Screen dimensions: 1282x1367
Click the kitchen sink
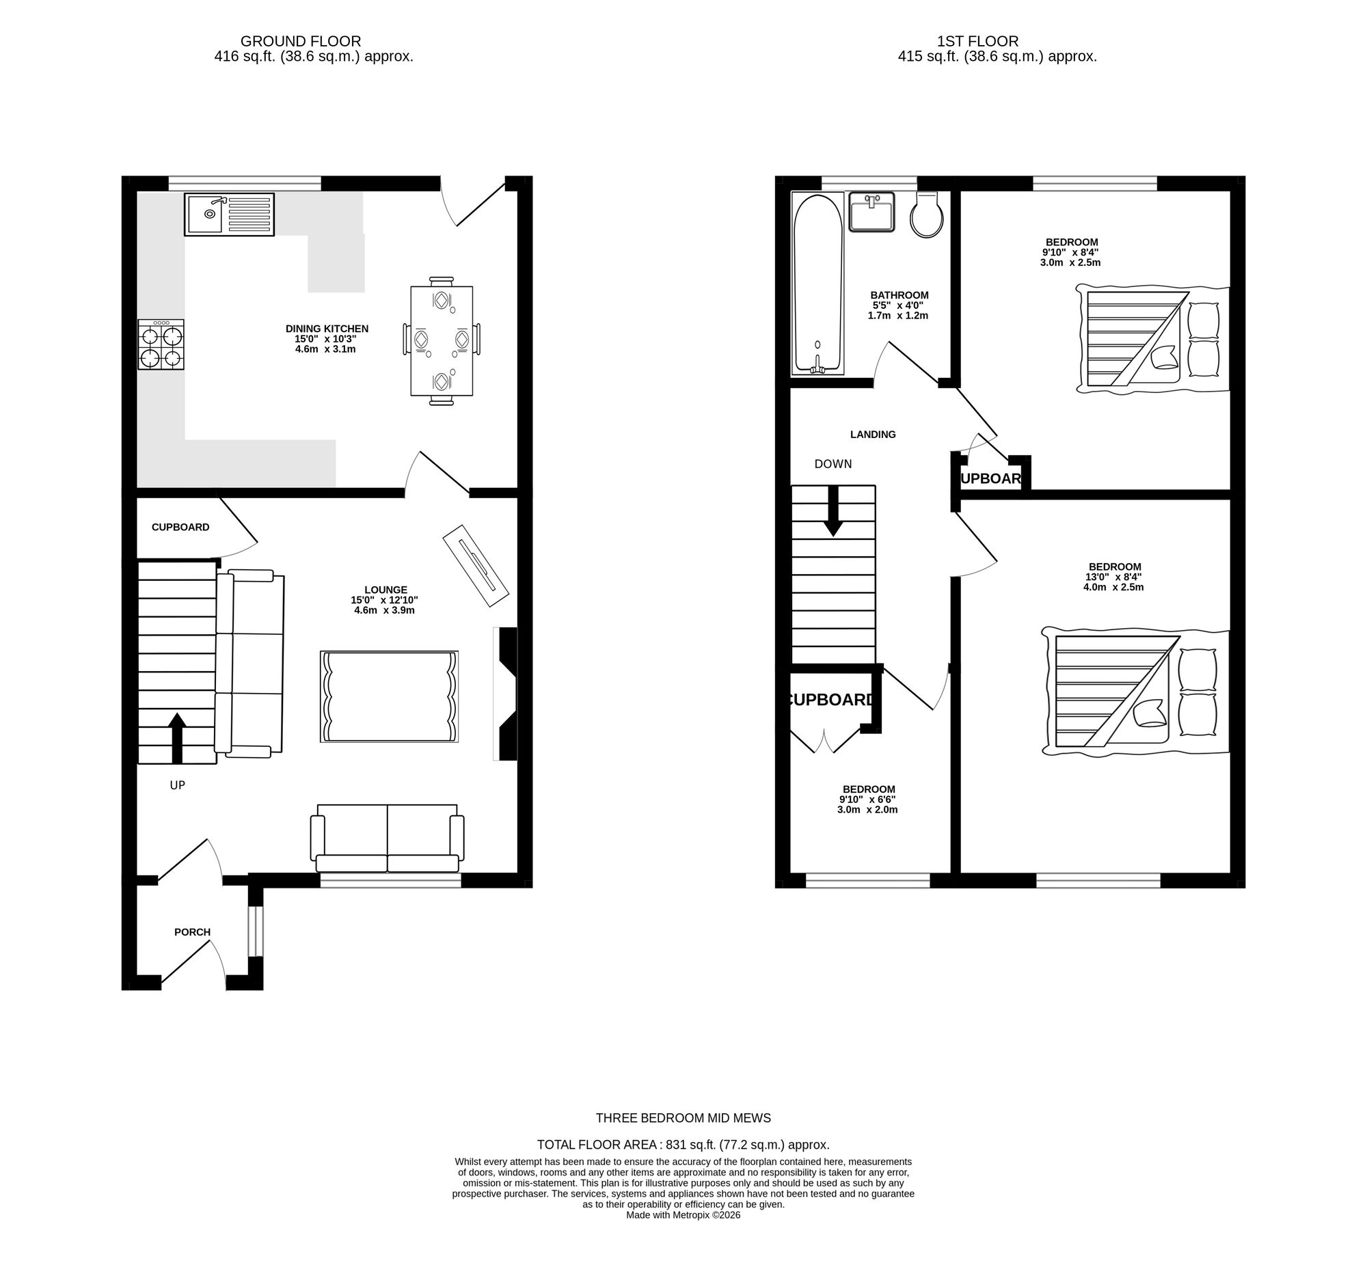(x=229, y=215)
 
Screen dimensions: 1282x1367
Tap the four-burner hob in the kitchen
(x=161, y=345)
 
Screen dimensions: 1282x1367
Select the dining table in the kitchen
(x=442, y=341)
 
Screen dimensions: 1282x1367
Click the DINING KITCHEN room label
(x=327, y=329)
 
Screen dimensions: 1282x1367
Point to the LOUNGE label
(x=385, y=590)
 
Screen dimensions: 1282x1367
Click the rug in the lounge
(x=389, y=696)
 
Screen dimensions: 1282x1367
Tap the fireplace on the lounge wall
(x=506, y=694)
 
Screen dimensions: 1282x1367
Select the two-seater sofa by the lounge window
(x=387, y=839)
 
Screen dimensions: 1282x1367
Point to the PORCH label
(x=192, y=932)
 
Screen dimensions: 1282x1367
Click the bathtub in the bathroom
(x=817, y=283)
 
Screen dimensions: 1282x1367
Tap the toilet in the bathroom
(x=927, y=215)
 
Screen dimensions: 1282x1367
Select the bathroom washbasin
(x=872, y=212)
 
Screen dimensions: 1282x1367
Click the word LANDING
(x=873, y=435)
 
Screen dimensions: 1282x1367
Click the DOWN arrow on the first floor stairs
(x=833, y=511)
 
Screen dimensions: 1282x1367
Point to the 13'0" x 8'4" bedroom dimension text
(x=1113, y=577)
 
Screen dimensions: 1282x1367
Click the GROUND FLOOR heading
(x=301, y=41)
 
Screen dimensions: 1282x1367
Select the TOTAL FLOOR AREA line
(x=683, y=1145)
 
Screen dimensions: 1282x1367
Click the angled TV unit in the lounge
(x=476, y=566)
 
